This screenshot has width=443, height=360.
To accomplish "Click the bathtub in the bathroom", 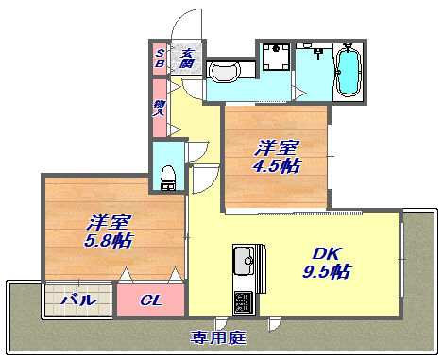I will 349,68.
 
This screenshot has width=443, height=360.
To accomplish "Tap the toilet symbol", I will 168,176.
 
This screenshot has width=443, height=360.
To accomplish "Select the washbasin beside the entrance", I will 224,72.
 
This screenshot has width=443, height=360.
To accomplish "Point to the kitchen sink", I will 243,258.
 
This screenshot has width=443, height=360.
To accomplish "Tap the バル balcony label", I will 77,300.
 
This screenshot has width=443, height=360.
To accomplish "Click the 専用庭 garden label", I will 218,336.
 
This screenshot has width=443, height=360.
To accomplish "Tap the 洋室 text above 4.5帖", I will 278,147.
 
